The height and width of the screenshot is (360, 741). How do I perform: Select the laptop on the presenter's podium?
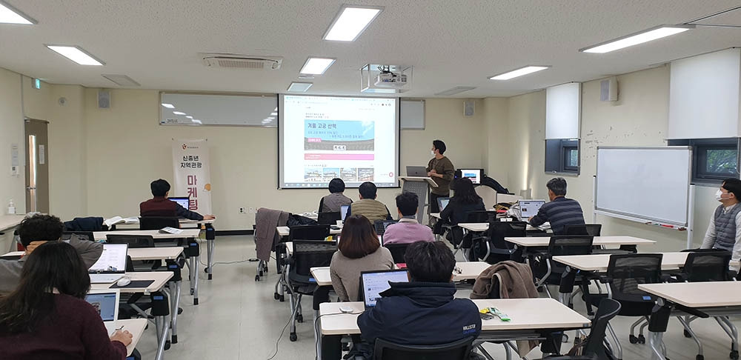point(416,171)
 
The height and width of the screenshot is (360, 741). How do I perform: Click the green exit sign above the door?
point(37,84)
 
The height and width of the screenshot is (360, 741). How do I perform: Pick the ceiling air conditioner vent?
point(242,62)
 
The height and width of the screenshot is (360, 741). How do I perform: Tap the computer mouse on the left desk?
point(123,281)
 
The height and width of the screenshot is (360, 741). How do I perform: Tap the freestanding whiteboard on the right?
point(642,184)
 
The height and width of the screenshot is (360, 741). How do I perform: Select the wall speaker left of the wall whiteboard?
point(104,99)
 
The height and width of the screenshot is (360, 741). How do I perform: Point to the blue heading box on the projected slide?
point(339,136)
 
